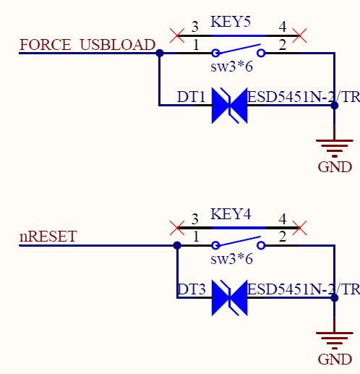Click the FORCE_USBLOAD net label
(87, 44)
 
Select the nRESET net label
(48, 237)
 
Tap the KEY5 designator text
(231, 22)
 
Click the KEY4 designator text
(231, 214)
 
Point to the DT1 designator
(191, 97)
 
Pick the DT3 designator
(192, 289)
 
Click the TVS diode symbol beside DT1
(229, 106)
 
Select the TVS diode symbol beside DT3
(229, 298)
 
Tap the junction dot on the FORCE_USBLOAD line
(160, 53)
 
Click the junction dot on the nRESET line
(177, 245)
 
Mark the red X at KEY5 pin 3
(177, 35)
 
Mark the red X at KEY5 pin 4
(299, 35)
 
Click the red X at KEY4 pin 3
(177, 228)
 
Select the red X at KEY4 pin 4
(299, 228)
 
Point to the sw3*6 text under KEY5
(231, 67)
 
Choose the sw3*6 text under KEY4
(231, 259)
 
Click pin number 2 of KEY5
(283, 45)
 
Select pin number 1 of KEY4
(196, 237)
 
